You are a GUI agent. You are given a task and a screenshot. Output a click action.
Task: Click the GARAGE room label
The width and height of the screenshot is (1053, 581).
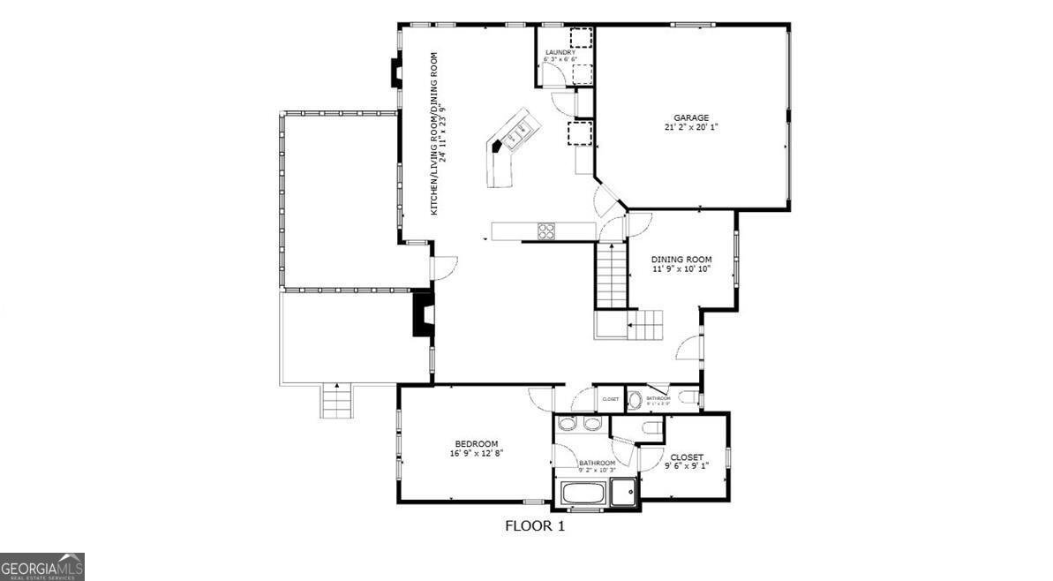point(692,117)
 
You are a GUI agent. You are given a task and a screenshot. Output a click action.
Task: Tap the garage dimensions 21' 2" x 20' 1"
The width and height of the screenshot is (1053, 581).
point(692,126)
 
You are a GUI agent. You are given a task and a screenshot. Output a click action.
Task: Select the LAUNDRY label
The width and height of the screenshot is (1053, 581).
point(560,53)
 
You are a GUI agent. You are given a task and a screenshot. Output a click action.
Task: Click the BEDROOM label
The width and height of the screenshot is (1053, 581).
point(477,443)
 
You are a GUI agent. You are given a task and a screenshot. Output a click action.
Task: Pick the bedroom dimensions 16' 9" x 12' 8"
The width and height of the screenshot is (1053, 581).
point(477,453)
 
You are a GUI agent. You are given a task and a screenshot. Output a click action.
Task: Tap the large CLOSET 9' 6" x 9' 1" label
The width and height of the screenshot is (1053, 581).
point(686,457)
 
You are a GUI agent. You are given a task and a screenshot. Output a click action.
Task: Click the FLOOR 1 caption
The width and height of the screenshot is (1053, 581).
point(534,526)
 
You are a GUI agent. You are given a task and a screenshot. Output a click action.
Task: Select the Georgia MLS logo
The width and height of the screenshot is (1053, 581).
point(42,566)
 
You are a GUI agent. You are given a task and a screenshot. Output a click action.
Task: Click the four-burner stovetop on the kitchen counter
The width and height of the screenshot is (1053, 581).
point(547,231)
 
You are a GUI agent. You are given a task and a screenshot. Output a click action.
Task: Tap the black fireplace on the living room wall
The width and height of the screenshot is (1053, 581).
point(421,315)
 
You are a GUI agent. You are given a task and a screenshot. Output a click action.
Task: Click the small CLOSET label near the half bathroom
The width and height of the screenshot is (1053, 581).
point(611,399)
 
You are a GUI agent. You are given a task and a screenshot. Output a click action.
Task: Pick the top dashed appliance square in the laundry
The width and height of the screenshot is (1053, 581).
point(580,38)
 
